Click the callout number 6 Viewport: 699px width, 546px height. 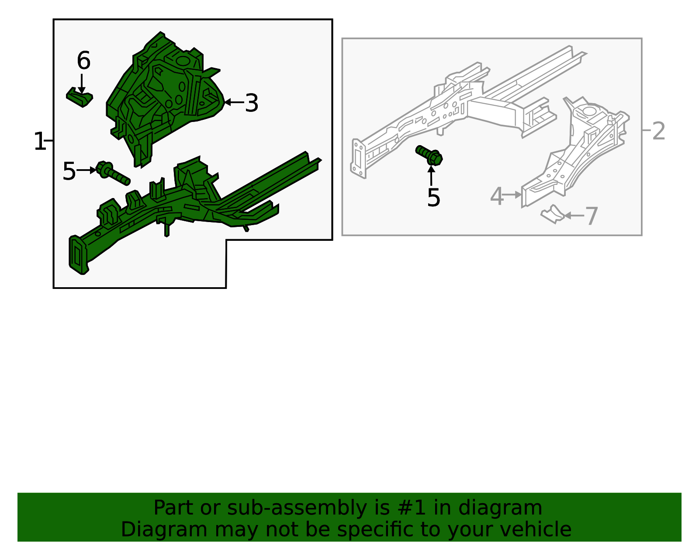click(83, 61)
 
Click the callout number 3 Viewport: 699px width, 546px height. click(251, 103)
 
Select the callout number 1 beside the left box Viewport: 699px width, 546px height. click(39, 142)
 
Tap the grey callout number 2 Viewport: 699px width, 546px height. click(658, 131)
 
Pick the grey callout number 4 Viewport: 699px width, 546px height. click(497, 196)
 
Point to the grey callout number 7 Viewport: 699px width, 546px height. click(591, 216)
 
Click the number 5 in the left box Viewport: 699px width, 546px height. click(69, 171)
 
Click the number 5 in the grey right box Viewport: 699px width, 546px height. click(433, 198)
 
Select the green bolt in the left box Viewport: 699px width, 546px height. click(112, 174)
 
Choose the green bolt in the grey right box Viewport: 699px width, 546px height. click(429, 155)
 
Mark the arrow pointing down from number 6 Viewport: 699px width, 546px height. click(81, 84)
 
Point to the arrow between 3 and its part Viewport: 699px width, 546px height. click(234, 103)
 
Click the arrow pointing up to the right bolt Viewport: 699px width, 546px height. click(431, 176)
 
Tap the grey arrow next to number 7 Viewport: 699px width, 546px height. click(574, 216)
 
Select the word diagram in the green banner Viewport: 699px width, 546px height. click(501, 508)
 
